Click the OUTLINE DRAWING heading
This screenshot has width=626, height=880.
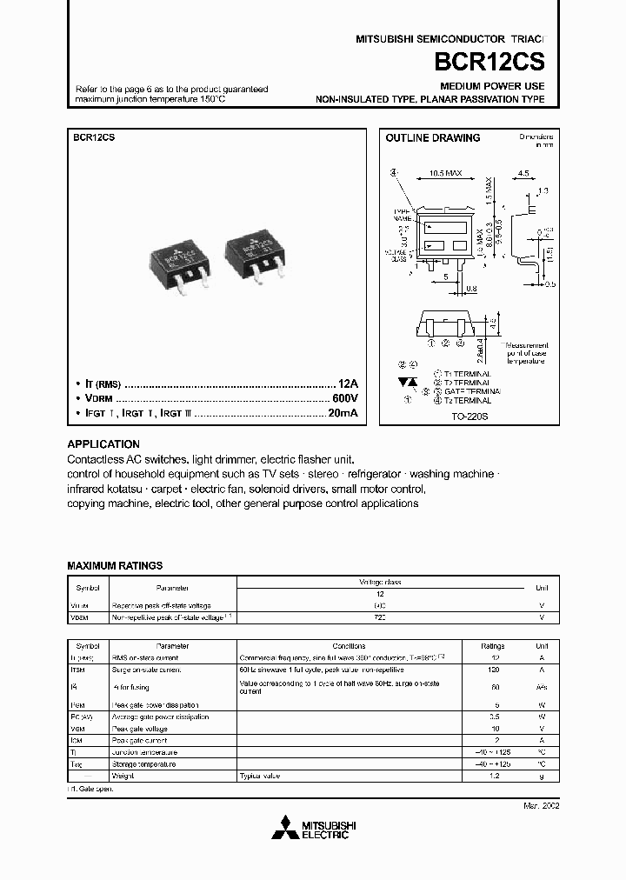pos(433,138)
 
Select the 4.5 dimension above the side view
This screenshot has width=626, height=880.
pos(523,174)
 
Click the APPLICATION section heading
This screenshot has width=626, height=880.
pos(103,443)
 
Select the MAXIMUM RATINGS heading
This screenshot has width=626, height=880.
pos(115,565)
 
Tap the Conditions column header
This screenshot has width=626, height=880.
pos(349,646)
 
